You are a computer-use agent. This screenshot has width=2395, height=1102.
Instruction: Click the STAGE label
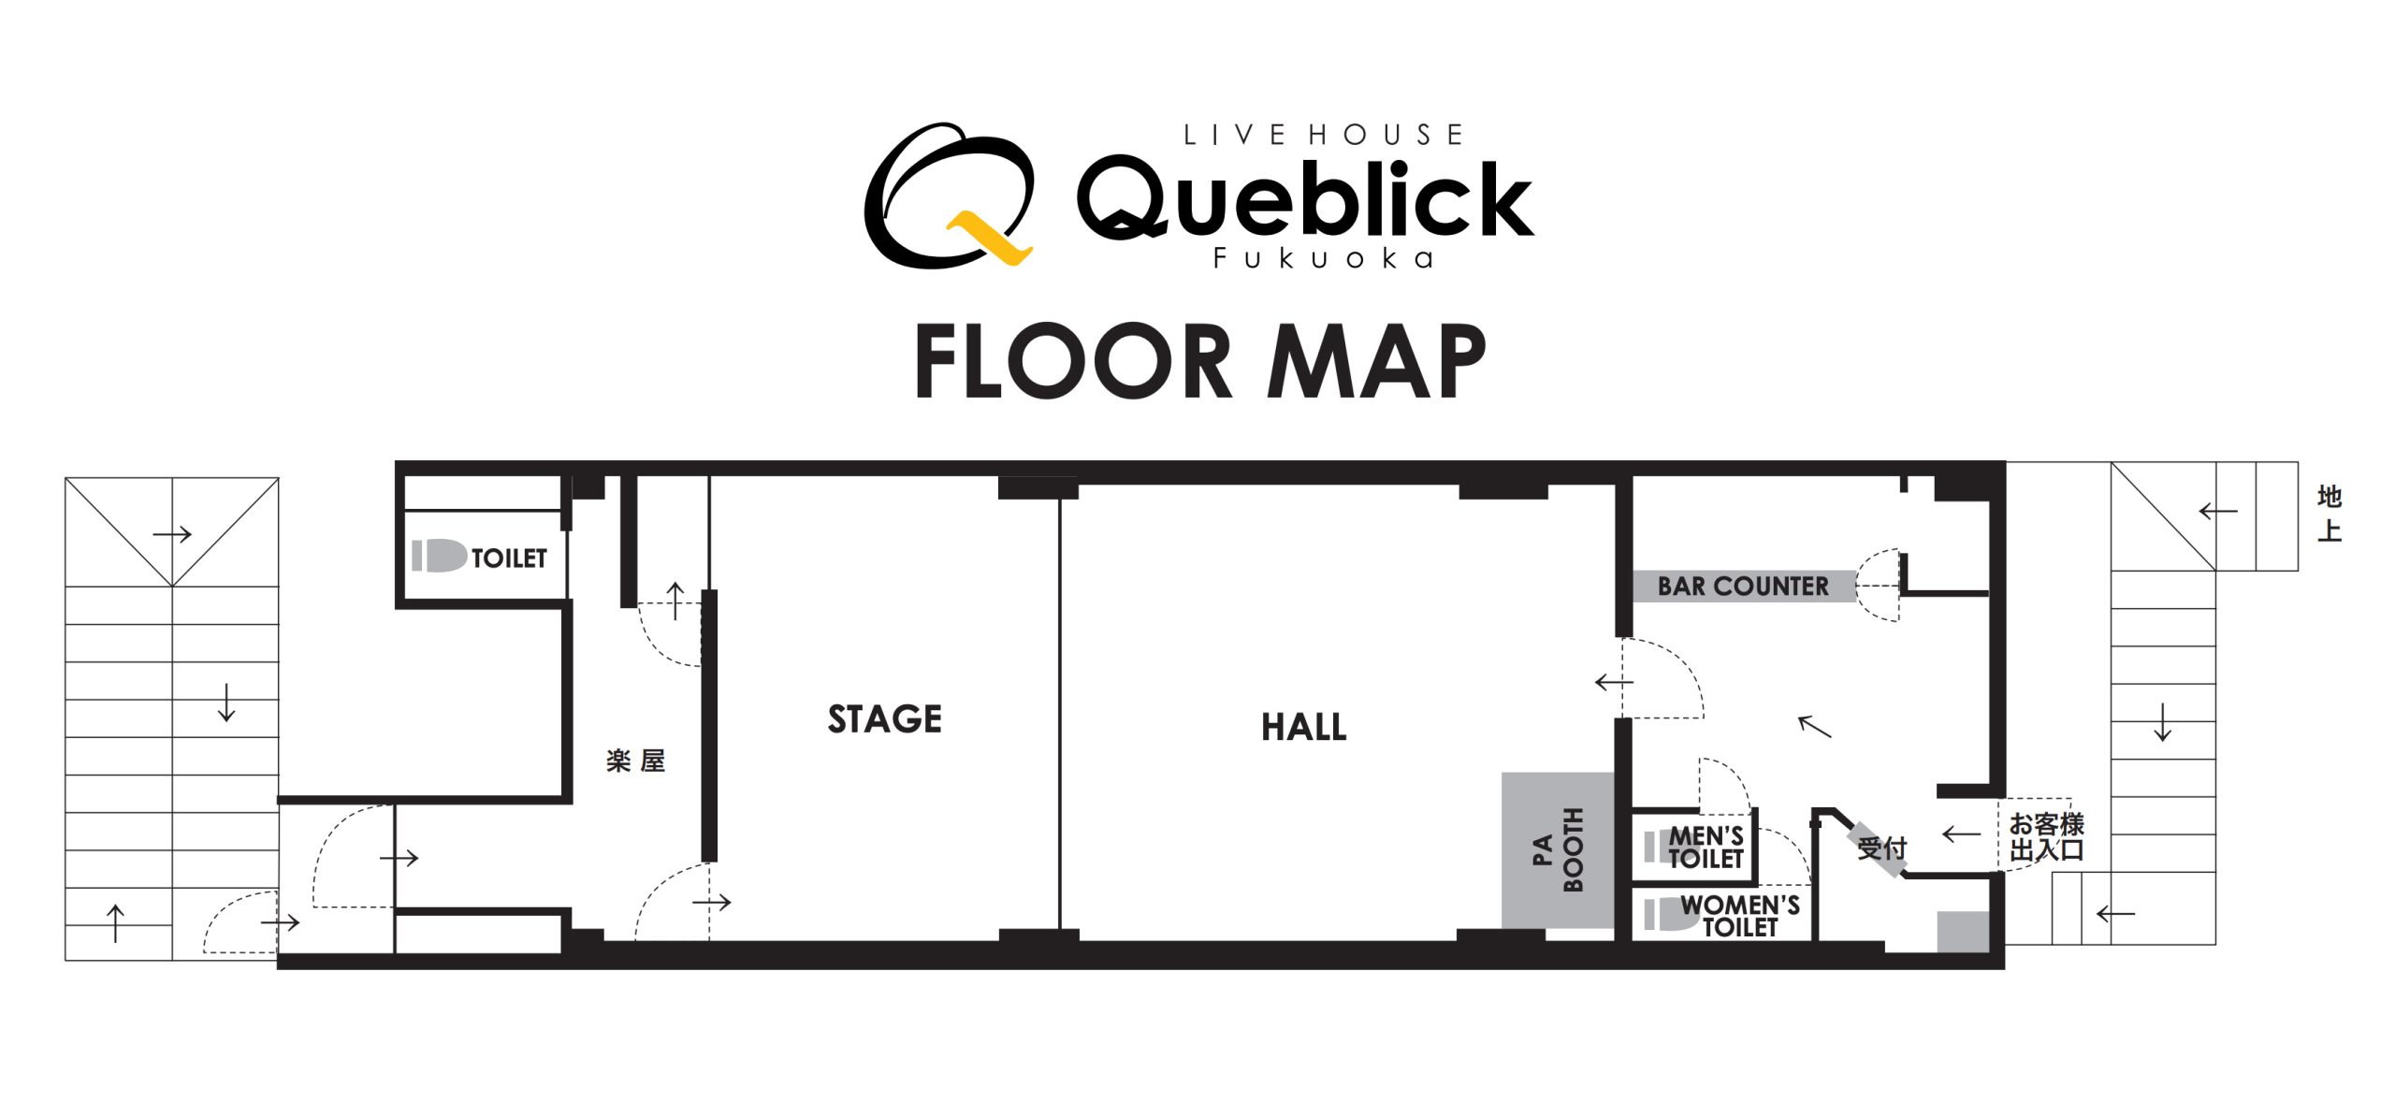coord(884,719)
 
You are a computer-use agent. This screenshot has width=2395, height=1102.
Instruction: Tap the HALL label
coord(1304,727)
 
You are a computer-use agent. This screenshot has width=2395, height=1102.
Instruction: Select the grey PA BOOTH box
coord(1558,850)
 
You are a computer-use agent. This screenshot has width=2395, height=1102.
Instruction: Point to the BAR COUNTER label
coord(1743,587)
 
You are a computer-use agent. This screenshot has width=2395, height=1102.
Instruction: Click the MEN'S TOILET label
coord(1706,847)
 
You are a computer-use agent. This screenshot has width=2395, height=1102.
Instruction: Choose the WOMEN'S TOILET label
coord(1739,916)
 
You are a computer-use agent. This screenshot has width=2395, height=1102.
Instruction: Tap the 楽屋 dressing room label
coord(635,761)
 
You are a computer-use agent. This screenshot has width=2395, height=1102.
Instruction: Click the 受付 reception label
coord(1881,848)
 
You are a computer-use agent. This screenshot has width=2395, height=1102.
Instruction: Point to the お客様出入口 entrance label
coord(2046,837)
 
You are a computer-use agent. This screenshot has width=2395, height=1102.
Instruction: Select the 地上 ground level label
coord(2329,514)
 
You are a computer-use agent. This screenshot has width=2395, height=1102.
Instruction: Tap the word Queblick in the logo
coord(1305,198)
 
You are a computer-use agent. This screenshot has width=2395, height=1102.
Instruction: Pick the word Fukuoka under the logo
coord(1323,258)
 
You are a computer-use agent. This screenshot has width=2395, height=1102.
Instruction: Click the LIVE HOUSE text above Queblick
coord(1323,135)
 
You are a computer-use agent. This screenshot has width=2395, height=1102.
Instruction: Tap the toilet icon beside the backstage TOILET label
coord(439,556)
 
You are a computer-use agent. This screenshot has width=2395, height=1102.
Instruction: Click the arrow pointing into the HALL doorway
coord(1614,682)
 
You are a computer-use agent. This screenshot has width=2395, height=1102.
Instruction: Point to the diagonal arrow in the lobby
coord(1815,727)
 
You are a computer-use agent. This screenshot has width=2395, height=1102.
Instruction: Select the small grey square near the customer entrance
coord(1962,932)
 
